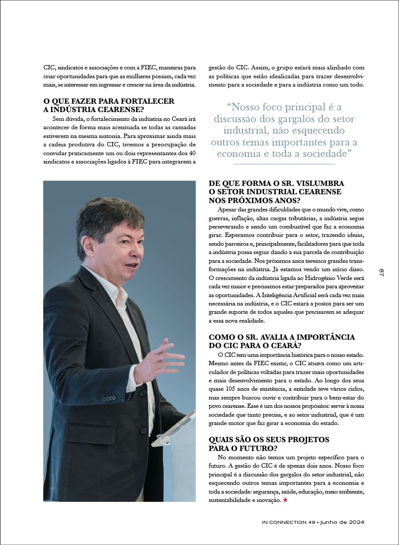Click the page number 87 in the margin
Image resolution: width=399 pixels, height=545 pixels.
pos(381,272)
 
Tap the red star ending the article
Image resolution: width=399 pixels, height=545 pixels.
pos(285,500)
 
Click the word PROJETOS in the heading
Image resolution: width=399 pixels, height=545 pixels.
pos(308,440)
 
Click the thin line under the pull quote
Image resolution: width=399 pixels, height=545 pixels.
pos(284,164)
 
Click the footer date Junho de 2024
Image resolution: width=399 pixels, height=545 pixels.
pos(342,522)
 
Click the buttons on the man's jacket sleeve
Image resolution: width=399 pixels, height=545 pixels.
pos(109,399)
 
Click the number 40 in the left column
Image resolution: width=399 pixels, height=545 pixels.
pos(192,153)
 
